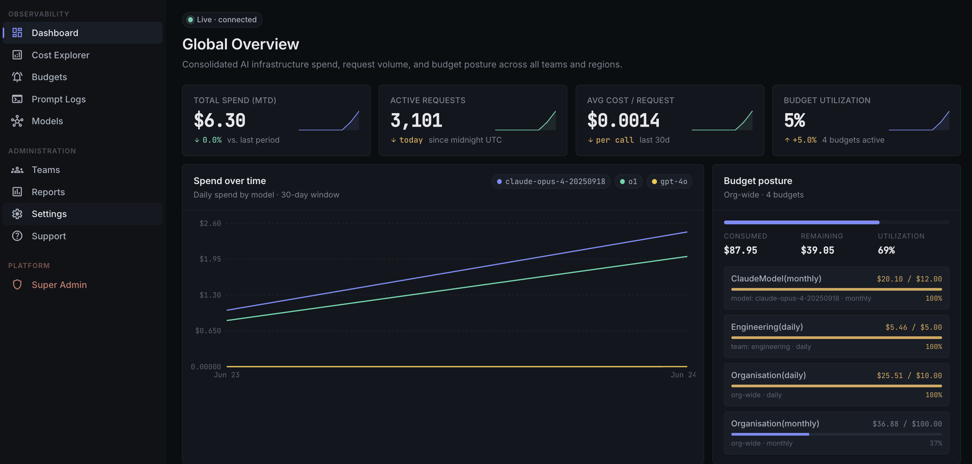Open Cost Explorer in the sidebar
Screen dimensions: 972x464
[x=61, y=55]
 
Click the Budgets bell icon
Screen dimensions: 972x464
[x=17, y=77]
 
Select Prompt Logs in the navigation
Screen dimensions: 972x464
[x=59, y=99]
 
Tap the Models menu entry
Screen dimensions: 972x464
[x=47, y=121]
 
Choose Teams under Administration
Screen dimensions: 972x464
[x=46, y=170]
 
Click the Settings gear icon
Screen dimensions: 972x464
[x=17, y=214]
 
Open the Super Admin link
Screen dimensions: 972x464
[x=59, y=285]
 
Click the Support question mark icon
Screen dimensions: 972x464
[x=17, y=236]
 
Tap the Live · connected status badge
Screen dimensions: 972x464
[x=222, y=20]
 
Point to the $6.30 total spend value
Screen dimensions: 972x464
[x=220, y=120]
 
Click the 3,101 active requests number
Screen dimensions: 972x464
[x=416, y=120]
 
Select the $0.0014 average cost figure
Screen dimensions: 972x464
[x=623, y=120]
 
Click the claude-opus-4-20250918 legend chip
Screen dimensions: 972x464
[x=551, y=181]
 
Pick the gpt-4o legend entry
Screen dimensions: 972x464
[x=669, y=181]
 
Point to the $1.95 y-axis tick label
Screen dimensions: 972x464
[x=210, y=259]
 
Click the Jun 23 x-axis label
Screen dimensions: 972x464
[x=227, y=375]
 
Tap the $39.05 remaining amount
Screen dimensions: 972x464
[x=817, y=250]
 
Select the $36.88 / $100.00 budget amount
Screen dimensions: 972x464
[x=907, y=424]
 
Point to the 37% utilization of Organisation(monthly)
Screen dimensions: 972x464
[x=936, y=443]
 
